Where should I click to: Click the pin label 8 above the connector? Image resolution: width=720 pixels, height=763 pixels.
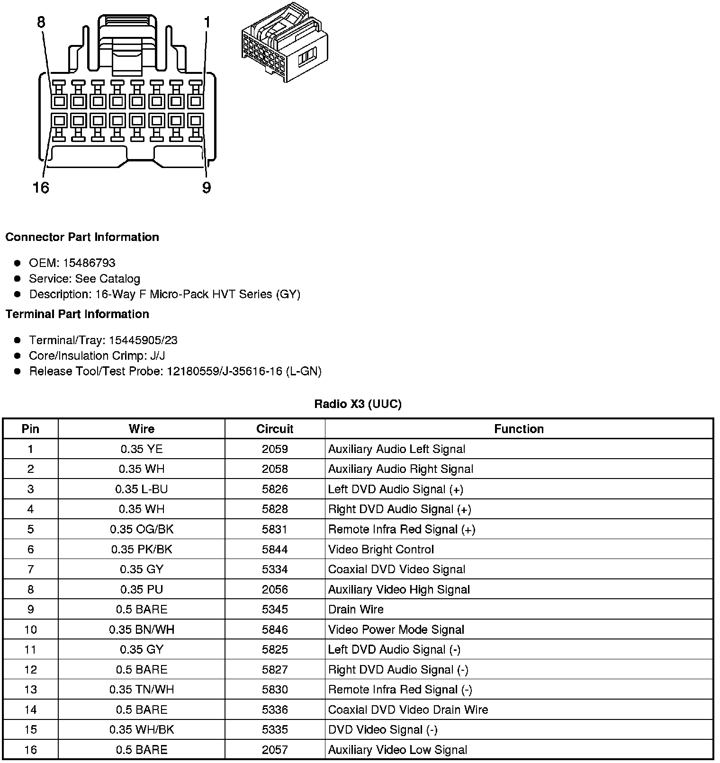(x=42, y=22)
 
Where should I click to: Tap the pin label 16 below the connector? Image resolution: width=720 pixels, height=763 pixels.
(x=41, y=188)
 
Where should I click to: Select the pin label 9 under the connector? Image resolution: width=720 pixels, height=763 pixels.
(x=207, y=188)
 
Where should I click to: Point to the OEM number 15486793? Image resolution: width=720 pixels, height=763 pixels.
(x=89, y=263)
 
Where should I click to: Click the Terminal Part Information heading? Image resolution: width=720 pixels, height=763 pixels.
(x=77, y=314)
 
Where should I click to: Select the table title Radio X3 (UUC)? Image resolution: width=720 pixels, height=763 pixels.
(x=358, y=404)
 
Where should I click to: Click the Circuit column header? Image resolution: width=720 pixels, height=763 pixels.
(x=275, y=429)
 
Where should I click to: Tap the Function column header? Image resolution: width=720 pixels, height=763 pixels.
(x=519, y=429)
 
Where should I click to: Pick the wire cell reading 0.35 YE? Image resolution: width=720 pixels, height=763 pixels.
(x=142, y=449)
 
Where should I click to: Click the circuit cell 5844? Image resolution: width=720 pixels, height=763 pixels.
(x=275, y=550)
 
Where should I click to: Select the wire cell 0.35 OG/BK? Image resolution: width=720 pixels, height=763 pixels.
(x=142, y=529)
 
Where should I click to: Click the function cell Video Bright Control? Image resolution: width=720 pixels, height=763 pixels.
(x=381, y=550)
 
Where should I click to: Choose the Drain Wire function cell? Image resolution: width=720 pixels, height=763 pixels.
(x=356, y=609)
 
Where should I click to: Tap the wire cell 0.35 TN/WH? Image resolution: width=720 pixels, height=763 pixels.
(x=142, y=690)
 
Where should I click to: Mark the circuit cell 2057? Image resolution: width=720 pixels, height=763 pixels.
(x=275, y=750)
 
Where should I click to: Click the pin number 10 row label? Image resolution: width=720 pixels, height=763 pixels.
(x=30, y=630)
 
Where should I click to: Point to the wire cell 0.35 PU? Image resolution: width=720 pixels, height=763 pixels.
(x=142, y=589)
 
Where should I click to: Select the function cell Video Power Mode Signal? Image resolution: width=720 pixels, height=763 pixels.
(x=396, y=630)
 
